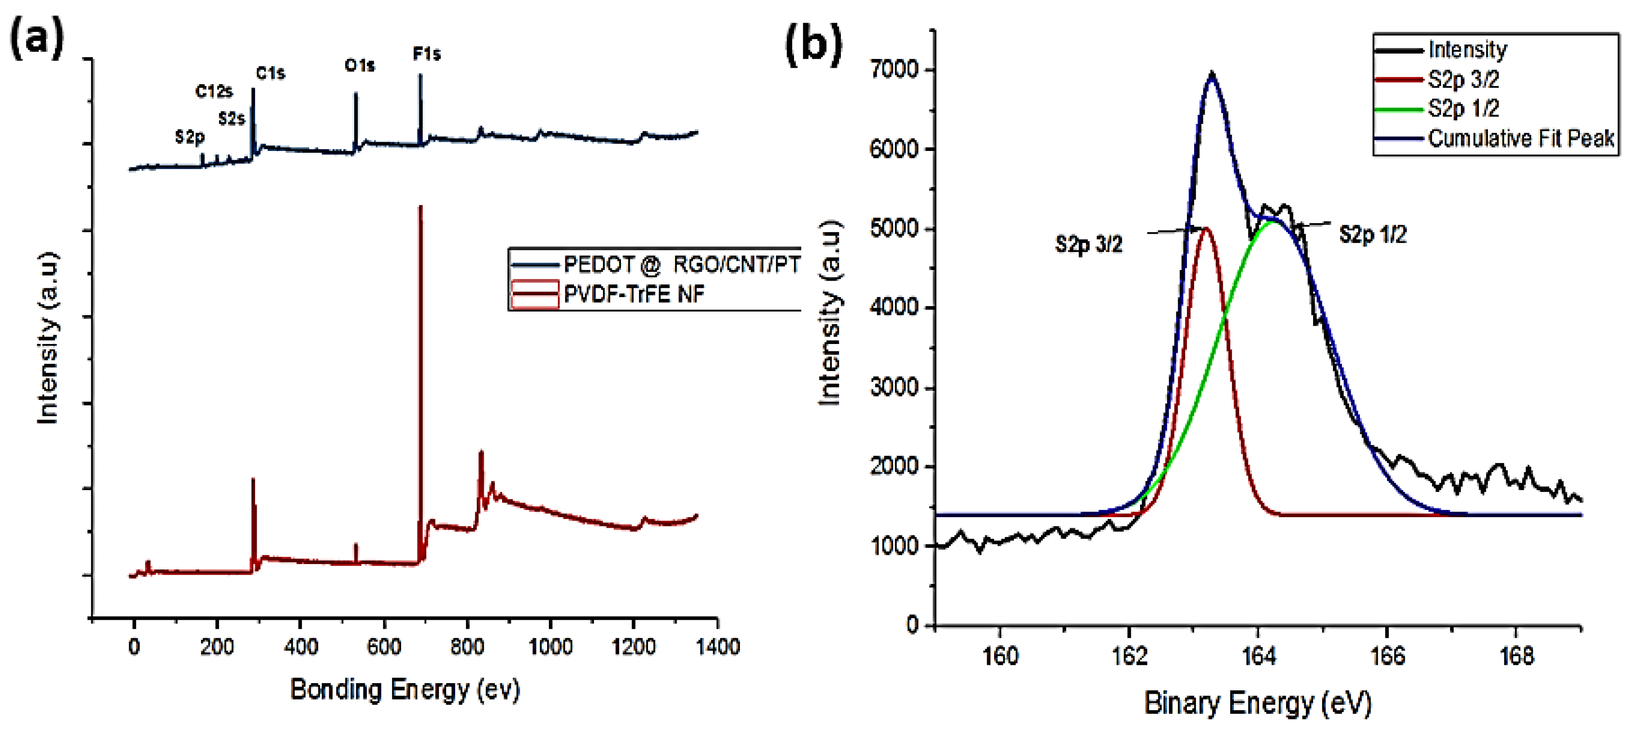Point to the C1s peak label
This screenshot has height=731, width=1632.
(271, 74)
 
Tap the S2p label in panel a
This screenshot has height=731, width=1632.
(189, 137)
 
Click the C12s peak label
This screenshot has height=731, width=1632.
(214, 92)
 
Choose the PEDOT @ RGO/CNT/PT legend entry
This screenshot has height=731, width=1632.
(681, 264)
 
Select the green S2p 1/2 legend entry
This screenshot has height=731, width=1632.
(1463, 109)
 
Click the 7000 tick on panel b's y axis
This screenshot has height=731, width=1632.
(894, 70)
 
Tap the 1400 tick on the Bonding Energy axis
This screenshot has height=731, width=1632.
(717, 647)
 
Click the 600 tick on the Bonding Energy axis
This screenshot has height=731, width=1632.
(383, 647)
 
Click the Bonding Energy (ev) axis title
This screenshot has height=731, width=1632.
(405, 690)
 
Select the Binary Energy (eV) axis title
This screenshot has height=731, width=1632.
(1257, 703)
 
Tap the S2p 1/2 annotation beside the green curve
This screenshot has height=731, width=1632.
(1372, 235)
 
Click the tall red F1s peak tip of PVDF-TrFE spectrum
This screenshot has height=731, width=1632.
(420, 208)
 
